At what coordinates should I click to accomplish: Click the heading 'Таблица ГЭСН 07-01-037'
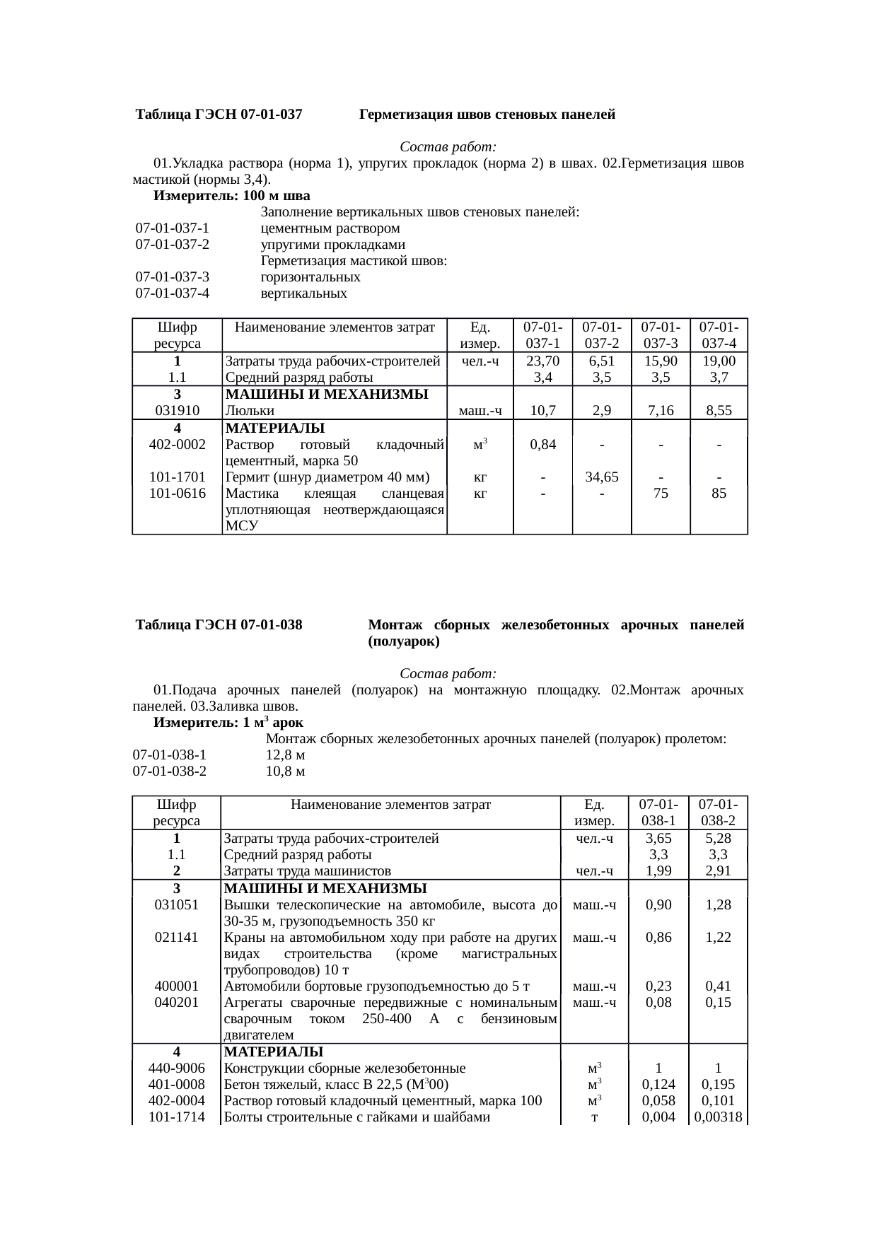click(x=219, y=114)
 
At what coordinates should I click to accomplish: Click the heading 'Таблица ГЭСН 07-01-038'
click(x=219, y=625)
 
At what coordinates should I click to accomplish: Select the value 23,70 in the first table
click(x=542, y=361)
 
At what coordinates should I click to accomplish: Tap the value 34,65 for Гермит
click(x=601, y=477)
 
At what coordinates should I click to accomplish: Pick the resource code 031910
click(x=177, y=410)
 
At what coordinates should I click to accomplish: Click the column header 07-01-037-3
click(x=661, y=335)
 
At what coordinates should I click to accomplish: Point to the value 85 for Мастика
click(x=719, y=494)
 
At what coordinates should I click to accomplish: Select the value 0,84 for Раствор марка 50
click(x=542, y=445)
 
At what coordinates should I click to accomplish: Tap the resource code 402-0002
click(x=177, y=445)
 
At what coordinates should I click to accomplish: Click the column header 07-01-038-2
click(x=718, y=812)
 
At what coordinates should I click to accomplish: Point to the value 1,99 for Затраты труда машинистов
click(x=658, y=871)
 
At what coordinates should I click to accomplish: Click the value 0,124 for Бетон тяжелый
click(x=658, y=1084)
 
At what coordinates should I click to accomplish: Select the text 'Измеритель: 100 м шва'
click(x=231, y=195)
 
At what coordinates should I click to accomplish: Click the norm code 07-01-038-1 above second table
click(x=170, y=755)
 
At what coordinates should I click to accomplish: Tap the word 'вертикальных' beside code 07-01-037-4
click(x=304, y=293)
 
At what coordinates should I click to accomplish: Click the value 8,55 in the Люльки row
click(x=719, y=410)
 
